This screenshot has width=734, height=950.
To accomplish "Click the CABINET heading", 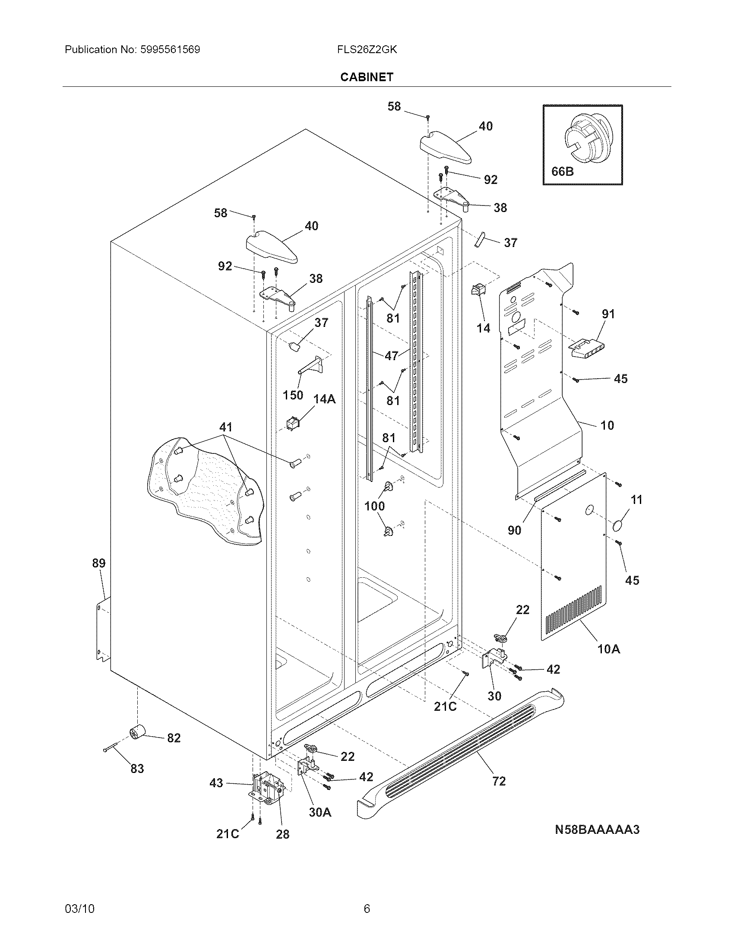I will click(x=367, y=77).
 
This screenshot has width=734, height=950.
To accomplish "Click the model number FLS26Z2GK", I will click(x=367, y=50).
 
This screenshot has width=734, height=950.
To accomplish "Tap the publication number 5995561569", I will click(x=171, y=50).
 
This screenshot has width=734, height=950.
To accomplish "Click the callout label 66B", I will click(x=562, y=171).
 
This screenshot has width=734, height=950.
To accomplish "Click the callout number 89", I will click(x=99, y=563).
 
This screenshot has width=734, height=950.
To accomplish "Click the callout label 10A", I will click(x=608, y=649).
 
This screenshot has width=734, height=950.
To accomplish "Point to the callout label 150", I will click(x=293, y=395).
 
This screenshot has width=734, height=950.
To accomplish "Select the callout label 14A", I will click(x=324, y=399).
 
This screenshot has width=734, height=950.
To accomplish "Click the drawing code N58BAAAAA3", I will click(x=597, y=830).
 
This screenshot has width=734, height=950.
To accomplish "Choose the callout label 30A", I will click(x=320, y=812).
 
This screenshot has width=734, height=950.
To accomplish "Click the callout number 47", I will click(x=391, y=355).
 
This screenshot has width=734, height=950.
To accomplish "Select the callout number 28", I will click(x=283, y=834).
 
